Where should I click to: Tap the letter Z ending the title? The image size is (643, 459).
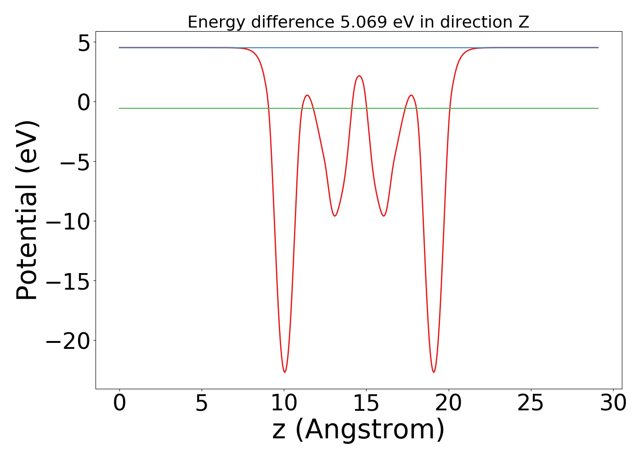[524, 22]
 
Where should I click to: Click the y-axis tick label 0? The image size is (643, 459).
[84, 101]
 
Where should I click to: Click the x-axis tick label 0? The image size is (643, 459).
[119, 403]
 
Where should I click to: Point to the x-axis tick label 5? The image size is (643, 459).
[202, 403]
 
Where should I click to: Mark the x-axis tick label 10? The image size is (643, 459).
[284, 403]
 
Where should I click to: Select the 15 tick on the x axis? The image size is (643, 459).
[366, 403]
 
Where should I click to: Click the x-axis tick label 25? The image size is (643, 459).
[531, 403]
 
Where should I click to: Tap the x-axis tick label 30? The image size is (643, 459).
[613, 403]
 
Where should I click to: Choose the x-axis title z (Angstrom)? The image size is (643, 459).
[358, 430]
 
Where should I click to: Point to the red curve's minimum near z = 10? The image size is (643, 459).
[285, 372]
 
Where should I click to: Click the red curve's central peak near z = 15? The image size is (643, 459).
[359, 76]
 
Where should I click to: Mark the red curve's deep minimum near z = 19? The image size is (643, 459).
[434, 372]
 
